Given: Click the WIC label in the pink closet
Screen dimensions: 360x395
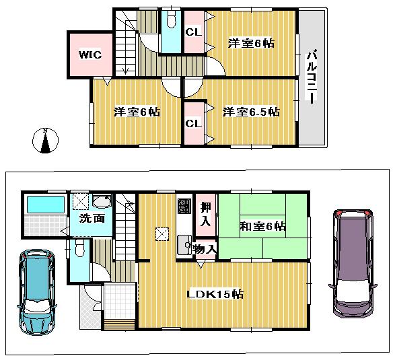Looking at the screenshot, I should click(x=89, y=55).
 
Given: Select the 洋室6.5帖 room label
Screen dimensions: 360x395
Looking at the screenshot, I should click(x=250, y=112).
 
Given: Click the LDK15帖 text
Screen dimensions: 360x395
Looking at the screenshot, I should click(x=215, y=294).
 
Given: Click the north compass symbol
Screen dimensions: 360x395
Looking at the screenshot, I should click(x=45, y=141).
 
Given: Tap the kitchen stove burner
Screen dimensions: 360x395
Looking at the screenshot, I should click(x=183, y=205).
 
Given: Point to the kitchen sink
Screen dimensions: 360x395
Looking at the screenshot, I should click(x=183, y=244).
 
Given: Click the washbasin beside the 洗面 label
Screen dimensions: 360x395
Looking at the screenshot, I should click(x=102, y=202).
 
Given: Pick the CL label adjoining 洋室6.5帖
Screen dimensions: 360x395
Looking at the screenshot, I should click(x=193, y=124).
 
